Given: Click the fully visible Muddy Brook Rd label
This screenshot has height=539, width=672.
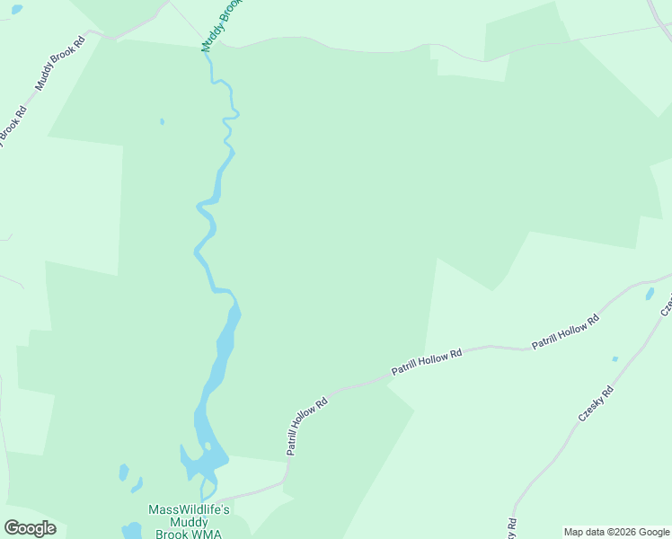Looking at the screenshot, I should pyautogui.click(x=60, y=64).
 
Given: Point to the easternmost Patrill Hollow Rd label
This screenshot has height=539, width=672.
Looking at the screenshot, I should pyautogui.click(x=565, y=331).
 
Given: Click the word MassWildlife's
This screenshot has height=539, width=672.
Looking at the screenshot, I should pyautogui.click(x=189, y=509).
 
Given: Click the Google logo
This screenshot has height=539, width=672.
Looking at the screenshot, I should pyautogui.click(x=30, y=528).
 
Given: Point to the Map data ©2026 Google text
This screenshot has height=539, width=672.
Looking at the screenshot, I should pyautogui.click(x=617, y=532).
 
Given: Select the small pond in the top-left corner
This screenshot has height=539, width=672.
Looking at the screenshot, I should pyautogui.click(x=17, y=9).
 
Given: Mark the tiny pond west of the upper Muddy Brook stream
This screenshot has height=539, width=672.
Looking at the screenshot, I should pyautogui.click(x=162, y=121).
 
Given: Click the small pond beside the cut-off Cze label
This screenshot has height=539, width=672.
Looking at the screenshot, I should pyautogui.click(x=650, y=294).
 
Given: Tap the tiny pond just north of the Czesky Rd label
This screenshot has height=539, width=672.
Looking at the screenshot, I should pyautogui.click(x=615, y=359).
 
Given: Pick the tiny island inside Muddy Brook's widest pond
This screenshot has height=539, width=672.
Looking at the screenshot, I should pyautogui.click(x=208, y=446).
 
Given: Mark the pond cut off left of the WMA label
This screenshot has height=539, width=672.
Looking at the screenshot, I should pyautogui.click(x=132, y=531).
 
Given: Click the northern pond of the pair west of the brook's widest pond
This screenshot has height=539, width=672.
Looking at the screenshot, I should pyautogui.click(x=124, y=471).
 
